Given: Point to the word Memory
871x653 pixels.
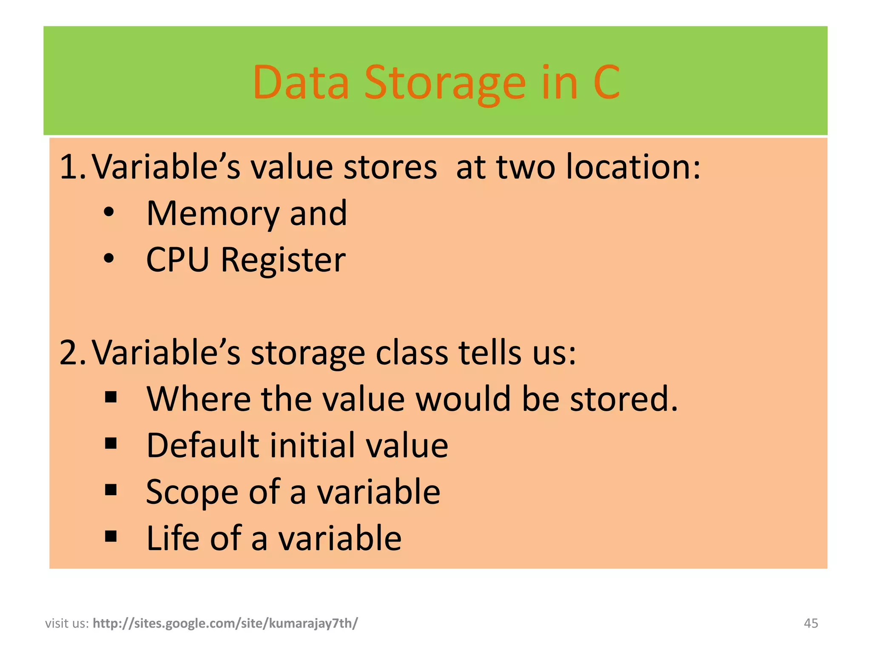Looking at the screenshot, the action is tap(213, 213).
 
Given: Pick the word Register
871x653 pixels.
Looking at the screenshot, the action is tap(283, 260).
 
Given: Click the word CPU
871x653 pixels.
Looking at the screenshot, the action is tap(178, 260).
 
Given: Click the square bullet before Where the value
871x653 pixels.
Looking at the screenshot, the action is tap(111, 397).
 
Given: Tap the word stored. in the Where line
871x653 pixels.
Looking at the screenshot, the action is tap(624, 399).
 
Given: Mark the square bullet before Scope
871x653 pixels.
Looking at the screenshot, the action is tap(111, 490).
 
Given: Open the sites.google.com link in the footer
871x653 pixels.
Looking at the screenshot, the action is tap(225, 623).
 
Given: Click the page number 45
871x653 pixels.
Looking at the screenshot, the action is tap(811, 623).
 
